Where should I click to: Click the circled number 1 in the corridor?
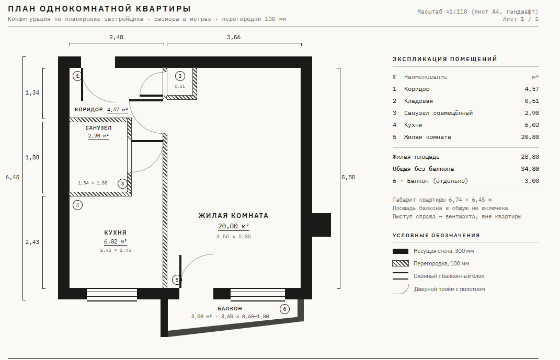coord(77,76)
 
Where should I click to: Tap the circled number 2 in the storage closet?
coord(180,76)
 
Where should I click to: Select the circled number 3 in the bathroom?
coord(122,184)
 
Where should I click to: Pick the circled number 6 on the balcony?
coord(284,309)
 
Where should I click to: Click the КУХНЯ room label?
coord(116,233)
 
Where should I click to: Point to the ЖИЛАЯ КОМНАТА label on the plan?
coord(233,215)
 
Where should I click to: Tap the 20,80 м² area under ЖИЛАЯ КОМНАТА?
coord(234,226)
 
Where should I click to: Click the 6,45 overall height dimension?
coord(13,177)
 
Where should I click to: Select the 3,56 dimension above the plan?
coord(234,37)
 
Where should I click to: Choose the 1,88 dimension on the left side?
coord(32,157)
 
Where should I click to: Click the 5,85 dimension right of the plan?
coord(348,177)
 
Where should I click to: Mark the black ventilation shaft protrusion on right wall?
coord(322,225)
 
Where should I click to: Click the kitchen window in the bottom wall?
coord(112,294)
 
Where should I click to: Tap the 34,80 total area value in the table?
coord(530,169)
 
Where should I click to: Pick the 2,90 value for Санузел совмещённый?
coord(532,113)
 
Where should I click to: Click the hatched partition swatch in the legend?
coord(401,264)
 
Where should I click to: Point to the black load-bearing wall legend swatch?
coord(401,251)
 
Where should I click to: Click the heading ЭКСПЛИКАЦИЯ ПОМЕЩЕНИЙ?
coord(445,59)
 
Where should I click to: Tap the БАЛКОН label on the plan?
coord(230,309)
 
